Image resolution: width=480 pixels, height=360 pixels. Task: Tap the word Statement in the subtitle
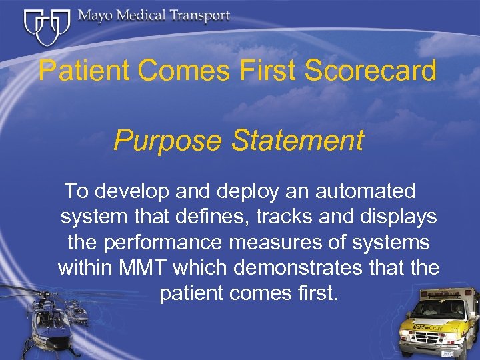point(291,141)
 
